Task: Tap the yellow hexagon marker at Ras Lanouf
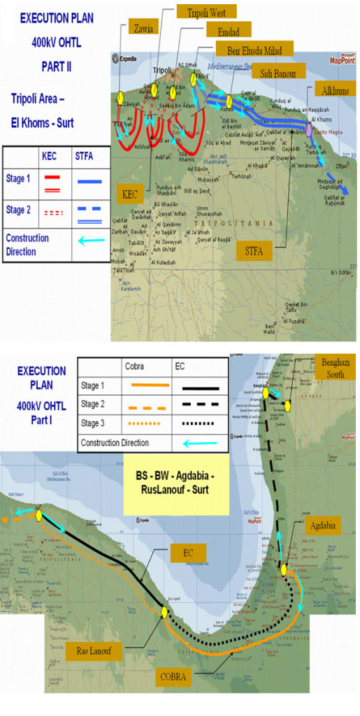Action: coord(164,612)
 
